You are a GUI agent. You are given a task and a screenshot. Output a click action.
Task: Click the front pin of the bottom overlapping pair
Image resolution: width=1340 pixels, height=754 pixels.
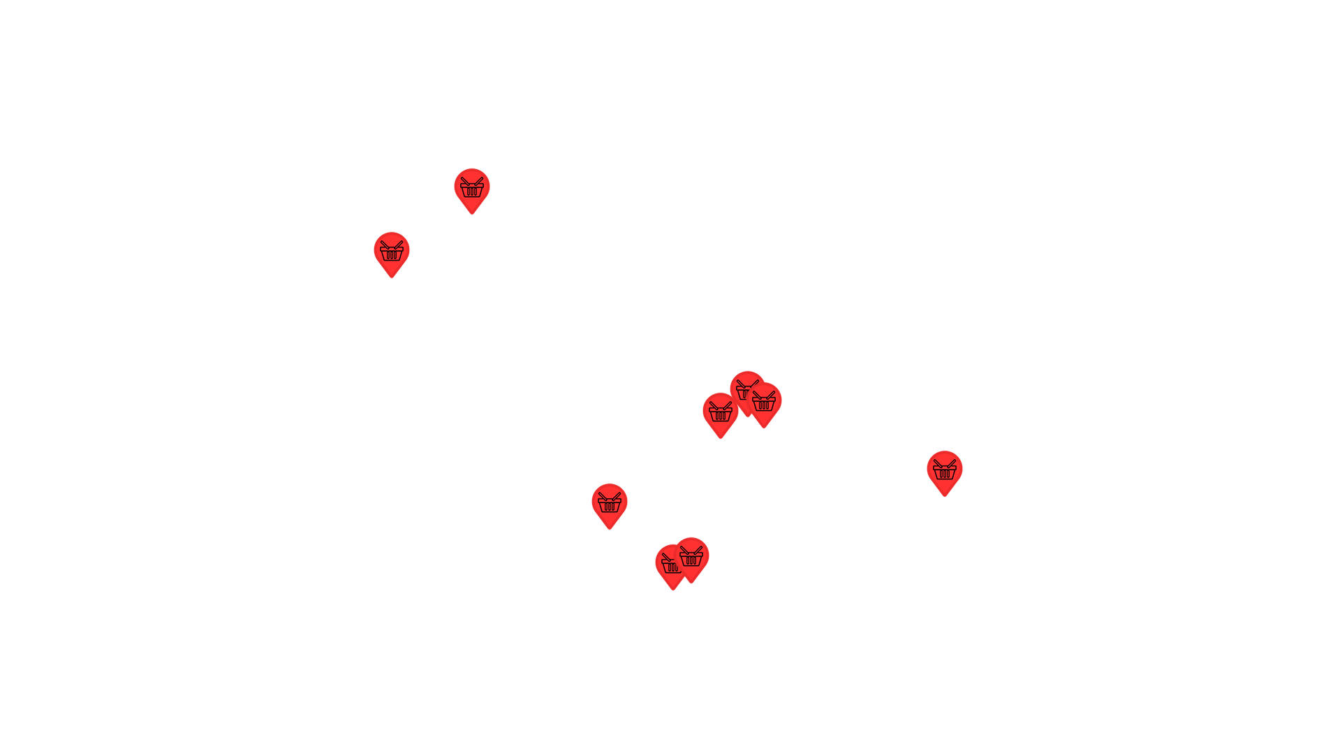coord(691,556)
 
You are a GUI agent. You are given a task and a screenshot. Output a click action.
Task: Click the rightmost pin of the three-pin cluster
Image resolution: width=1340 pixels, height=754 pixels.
coord(764,401)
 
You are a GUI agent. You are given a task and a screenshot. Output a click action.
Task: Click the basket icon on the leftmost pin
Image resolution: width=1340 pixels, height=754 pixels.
coord(392,252)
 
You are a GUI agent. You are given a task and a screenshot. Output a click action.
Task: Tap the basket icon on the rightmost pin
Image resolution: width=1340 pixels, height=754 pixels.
coord(945,470)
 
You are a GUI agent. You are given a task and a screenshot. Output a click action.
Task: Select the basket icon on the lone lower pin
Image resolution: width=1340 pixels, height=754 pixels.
coord(610,503)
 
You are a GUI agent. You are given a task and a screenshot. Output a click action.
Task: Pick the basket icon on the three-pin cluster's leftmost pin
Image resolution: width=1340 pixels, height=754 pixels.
coord(720,412)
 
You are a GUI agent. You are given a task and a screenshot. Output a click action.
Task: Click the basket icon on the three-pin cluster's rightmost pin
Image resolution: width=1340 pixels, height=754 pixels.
coord(764,402)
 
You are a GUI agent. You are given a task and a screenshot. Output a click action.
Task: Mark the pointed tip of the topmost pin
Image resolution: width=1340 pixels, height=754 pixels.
coord(472,214)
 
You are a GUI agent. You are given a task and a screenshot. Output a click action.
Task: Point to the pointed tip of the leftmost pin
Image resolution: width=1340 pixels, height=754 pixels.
coord(392,277)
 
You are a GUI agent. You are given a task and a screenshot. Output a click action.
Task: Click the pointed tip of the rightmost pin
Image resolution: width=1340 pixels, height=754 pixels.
coord(945,496)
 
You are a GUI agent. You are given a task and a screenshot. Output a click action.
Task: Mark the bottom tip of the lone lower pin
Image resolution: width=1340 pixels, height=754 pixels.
coord(610,529)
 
